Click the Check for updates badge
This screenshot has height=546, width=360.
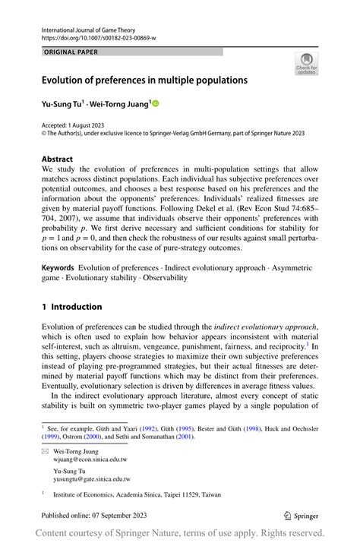tap(307, 64)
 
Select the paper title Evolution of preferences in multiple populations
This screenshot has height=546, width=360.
tap(144, 79)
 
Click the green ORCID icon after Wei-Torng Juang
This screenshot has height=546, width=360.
tap(156, 102)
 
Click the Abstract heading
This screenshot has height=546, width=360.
tap(58, 159)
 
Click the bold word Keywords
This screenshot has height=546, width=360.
tap(58, 267)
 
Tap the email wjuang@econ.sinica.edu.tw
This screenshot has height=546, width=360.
tap(91, 459)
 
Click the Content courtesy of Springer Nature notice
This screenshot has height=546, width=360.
tap(180, 534)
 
